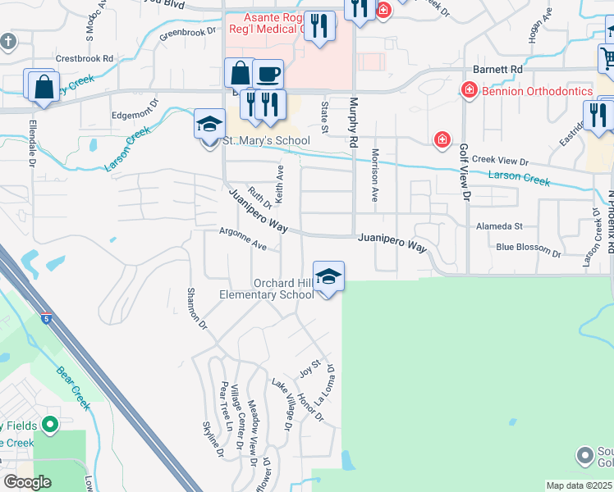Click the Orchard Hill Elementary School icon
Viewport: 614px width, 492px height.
click(x=328, y=276)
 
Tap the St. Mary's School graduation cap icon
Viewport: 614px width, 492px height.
click(x=209, y=124)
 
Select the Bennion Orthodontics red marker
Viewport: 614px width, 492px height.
click(x=470, y=89)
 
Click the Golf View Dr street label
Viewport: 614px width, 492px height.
click(x=465, y=172)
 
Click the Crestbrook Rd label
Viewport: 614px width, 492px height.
click(x=85, y=59)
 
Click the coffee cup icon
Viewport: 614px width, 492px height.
click(x=268, y=75)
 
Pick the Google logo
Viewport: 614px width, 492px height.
click(x=27, y=482)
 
